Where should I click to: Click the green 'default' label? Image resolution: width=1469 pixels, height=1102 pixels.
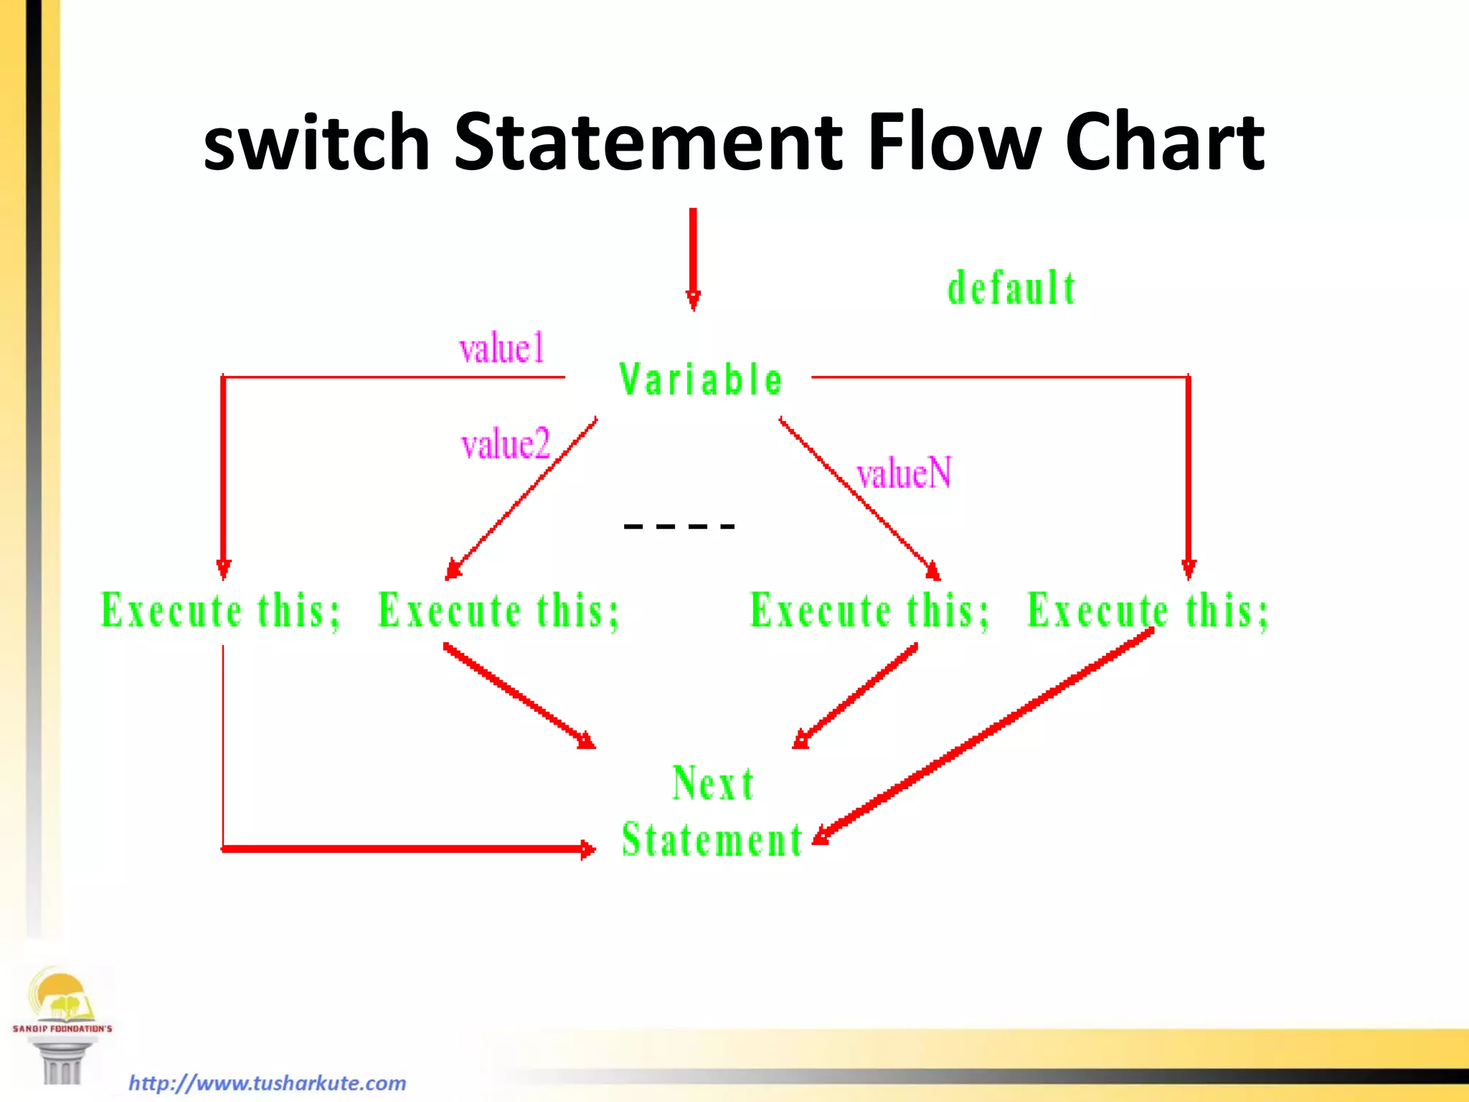coord(1011,288)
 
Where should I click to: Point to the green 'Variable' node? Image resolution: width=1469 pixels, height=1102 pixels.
coord(701,380)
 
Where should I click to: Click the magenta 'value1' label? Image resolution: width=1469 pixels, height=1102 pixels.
coord(502,349)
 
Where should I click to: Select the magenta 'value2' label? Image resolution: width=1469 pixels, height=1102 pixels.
coord(505,444)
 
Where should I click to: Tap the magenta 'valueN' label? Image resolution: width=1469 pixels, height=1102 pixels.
coord(904,474)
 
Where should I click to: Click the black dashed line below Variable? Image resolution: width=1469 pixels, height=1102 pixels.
coord(679,527)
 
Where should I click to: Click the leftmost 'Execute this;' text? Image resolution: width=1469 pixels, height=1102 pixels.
coord(220,611)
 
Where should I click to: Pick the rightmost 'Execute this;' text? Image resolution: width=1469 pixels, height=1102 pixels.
coord(1148,611)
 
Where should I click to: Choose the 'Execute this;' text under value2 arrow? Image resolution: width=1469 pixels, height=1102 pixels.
coord(499,611)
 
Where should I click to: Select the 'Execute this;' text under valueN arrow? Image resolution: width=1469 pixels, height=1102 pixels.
coord(869,611)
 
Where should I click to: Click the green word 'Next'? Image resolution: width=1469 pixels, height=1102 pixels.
coord(713,783)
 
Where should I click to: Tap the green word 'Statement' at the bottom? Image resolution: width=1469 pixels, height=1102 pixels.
coord(712,840)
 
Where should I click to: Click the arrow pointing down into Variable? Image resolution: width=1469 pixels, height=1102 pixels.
coord(693,258)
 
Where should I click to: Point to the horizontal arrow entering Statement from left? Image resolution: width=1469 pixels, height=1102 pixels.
coord(409,849)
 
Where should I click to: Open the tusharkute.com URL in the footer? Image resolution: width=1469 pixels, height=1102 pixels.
coord(267,1083)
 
